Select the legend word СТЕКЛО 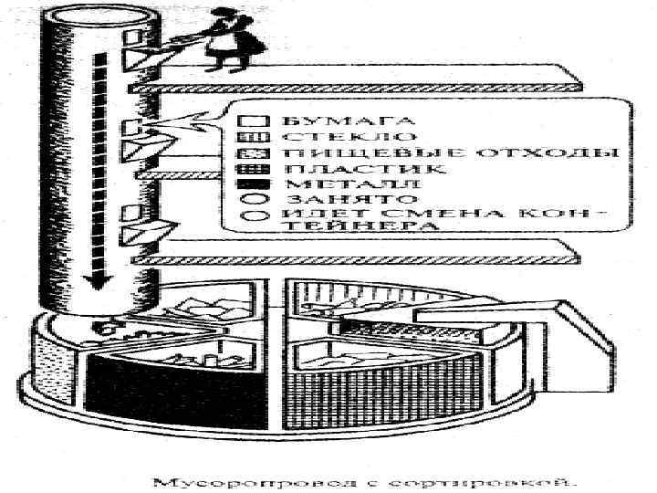[x=320, y=135]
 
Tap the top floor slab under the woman [x=356, y=84]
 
